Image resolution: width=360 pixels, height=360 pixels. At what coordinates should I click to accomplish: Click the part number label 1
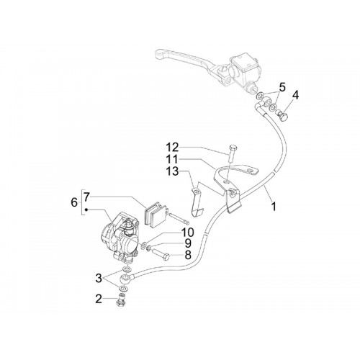click(x=273, y=206)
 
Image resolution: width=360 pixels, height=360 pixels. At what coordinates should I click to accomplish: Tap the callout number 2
click(x=99, y=299)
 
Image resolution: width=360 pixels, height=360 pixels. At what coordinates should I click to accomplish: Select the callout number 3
click(x=99, y=279)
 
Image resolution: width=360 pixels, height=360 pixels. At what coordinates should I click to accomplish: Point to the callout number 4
click(x=295, y=95)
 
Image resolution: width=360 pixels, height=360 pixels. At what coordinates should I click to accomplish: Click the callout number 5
click(x=282, y=87)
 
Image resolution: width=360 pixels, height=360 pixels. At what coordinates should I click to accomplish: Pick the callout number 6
click(x=74, y=202)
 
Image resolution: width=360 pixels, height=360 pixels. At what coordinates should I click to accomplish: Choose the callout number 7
click(x=86, y=198)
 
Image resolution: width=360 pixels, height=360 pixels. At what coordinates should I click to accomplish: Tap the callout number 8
click(x=188, y=255)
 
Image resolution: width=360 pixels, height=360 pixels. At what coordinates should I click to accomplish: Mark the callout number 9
click(x=188, y=243)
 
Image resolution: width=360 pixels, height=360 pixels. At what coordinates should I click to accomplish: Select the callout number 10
click(x=187, y=233)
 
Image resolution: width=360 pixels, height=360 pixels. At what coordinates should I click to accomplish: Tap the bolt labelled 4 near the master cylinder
click(x=283, y=114)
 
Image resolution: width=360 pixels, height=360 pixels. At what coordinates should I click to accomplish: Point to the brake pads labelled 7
click(x=155, y=214)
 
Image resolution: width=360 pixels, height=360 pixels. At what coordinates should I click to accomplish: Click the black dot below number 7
click(x=86, y=210)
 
